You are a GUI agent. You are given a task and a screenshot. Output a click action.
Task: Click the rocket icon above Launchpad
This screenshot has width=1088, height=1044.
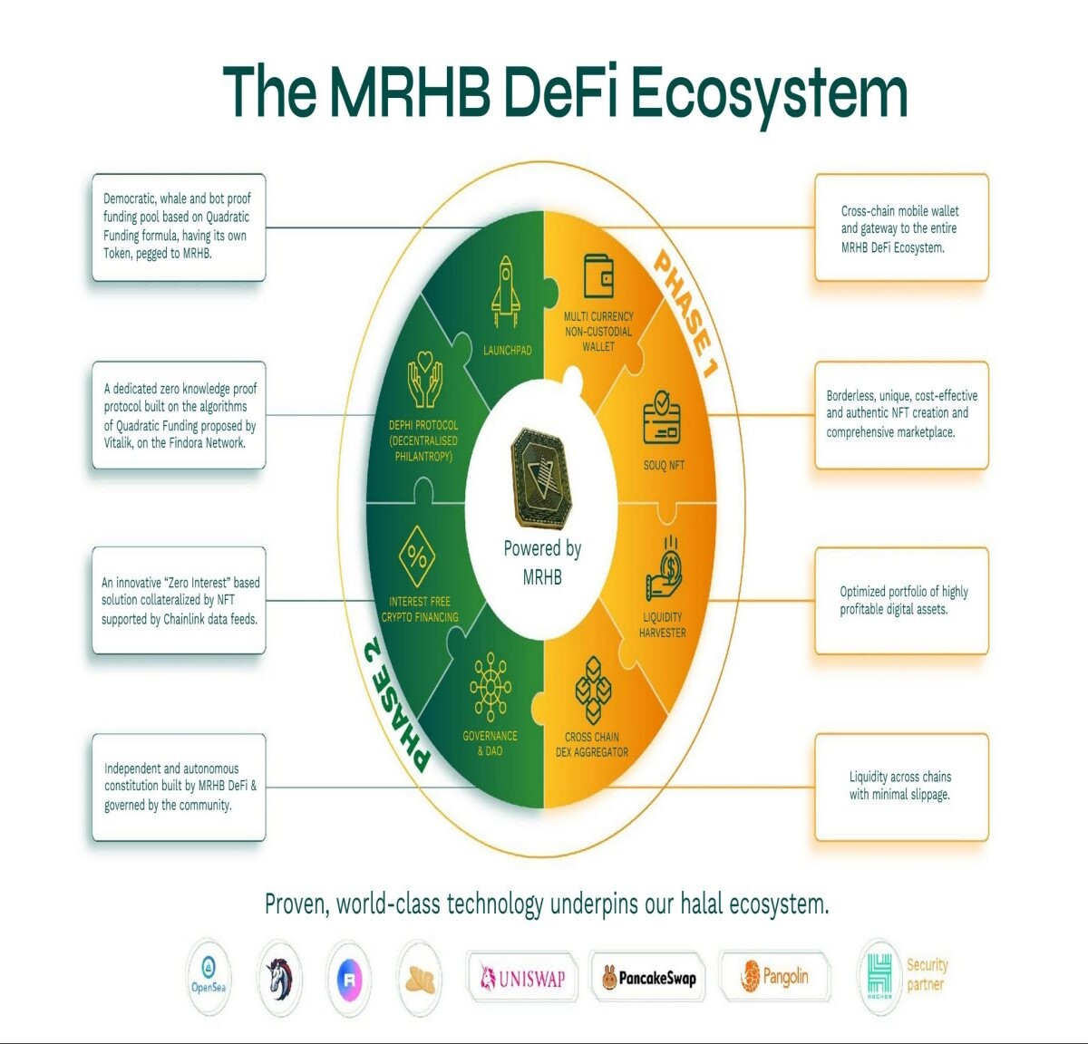point(505,292)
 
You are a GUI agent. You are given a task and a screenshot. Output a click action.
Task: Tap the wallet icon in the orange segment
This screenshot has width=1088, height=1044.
point(598,276)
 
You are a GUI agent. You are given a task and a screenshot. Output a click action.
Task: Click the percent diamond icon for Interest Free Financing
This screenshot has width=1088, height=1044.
point(416,556)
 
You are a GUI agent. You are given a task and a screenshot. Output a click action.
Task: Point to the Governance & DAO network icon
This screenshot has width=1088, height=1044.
point(491,686)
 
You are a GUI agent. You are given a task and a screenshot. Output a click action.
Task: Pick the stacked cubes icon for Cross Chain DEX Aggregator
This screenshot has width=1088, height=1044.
point(593,691)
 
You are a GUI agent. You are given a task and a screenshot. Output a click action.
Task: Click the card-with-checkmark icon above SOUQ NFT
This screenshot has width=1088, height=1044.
point(662,417)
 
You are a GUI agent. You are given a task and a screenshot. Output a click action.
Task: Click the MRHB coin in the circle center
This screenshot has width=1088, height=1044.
point(540,478)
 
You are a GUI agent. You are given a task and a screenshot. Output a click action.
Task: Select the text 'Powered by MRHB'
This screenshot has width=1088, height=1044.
point(542,562)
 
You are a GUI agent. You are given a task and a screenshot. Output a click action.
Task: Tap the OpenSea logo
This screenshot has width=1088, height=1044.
point(208,977)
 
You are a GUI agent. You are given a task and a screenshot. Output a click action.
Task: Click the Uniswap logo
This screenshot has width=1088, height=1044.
point(522,978)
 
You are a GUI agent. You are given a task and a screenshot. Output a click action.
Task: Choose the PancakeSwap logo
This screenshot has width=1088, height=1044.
point(648,978)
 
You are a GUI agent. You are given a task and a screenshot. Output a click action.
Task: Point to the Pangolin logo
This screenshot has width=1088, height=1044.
point(774,977)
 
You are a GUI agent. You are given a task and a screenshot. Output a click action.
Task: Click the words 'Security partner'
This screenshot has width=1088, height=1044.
point(927,975)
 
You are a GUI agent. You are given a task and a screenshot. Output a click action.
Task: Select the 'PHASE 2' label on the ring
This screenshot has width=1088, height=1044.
point(395,704)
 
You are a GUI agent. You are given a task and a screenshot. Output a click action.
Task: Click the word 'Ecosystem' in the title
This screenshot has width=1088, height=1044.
point(770,92)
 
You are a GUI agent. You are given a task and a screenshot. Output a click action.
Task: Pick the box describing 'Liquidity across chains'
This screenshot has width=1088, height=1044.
point(901,787)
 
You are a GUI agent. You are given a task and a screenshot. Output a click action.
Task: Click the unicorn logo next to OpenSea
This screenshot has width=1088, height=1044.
point(279,978)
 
